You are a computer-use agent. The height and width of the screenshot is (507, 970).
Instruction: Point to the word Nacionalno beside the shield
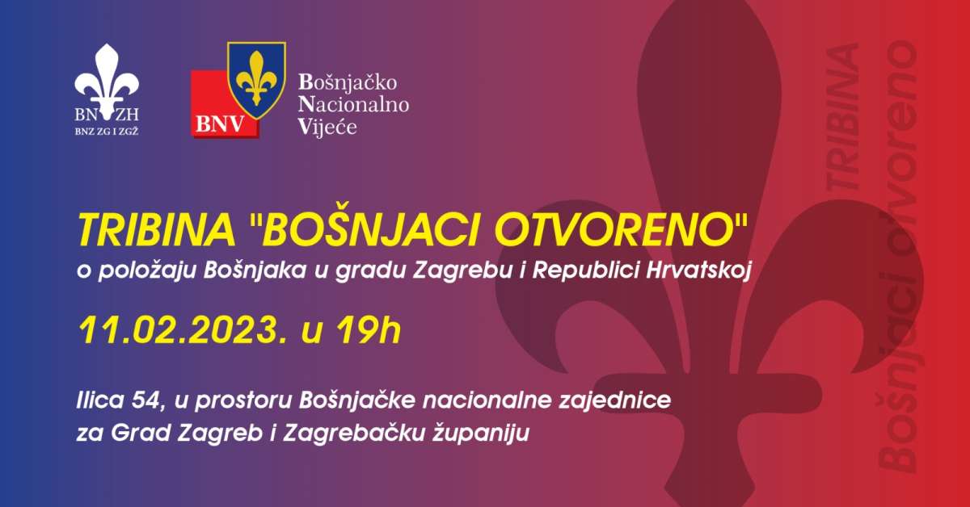[353, 104]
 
